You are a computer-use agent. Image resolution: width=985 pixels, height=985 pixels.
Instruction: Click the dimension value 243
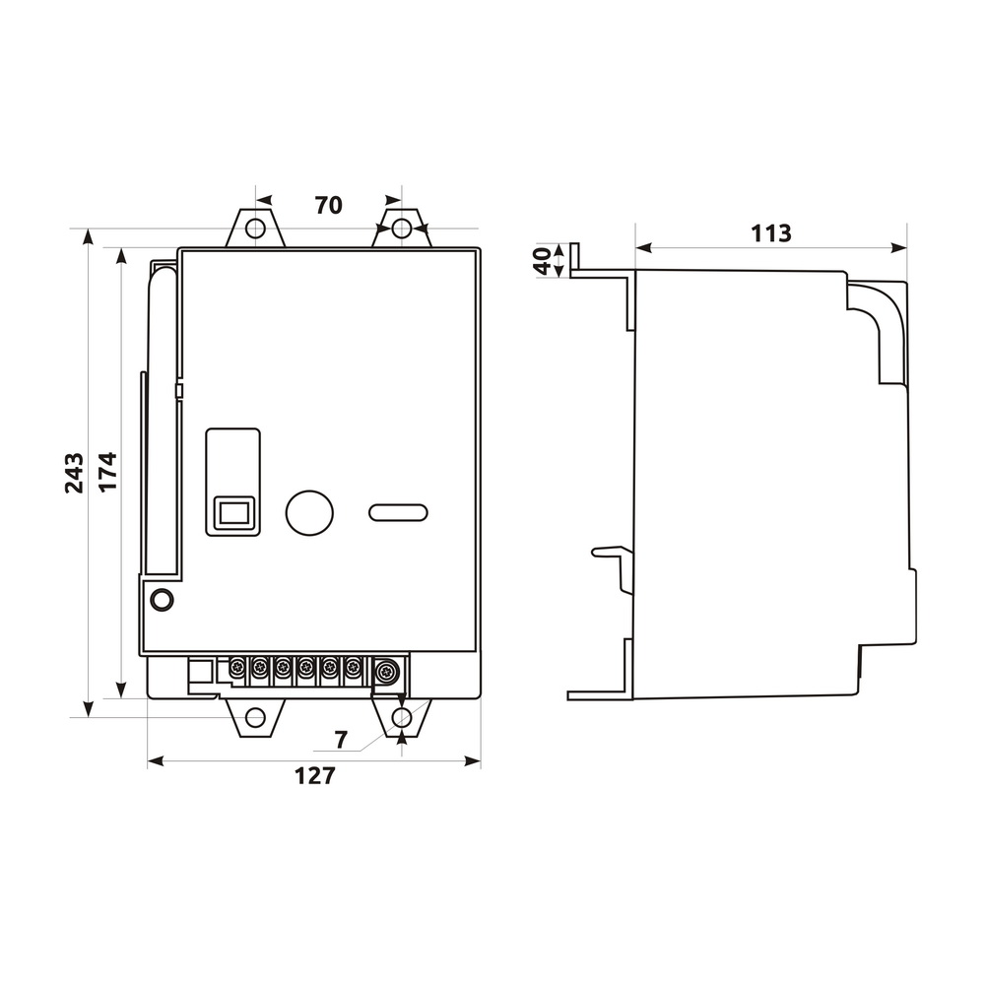(x=74, y=473)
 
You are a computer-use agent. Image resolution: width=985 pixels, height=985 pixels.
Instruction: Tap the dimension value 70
(x=329, y=205)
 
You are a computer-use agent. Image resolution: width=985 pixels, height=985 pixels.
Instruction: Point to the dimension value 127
(x=315, y=776)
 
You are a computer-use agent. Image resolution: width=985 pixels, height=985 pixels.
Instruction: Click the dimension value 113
(x=771, y=233)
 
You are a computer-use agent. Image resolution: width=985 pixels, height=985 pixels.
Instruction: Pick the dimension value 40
(x=542, y=260)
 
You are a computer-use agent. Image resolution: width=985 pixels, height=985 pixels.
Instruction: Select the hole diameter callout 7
(x=341, y=740)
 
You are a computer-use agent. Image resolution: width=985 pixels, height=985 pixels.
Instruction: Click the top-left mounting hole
(x=255, y=228)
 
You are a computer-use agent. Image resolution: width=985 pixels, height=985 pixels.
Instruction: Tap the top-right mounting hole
(x=402, y=228)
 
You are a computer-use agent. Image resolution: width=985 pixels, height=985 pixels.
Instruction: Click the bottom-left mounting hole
(x=255, y=717)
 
